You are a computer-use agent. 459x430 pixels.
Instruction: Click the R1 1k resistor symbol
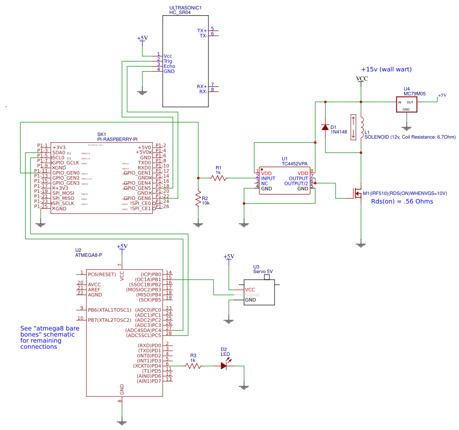pyautogui.click(x=219, y=178)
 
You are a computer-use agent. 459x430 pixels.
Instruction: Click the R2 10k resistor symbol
pyautogui.click(x=198, y=199)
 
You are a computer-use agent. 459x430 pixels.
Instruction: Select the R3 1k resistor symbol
pyautogui.click(x=193, y=366)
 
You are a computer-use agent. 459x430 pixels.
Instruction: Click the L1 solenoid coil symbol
pyautogui.click(x=362, y=127)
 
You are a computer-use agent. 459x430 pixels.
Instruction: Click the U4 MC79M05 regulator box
pyautogui.click(x=407, y=104)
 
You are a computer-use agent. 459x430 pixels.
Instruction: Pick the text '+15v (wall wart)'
pyautogui.click(x=386, y=69)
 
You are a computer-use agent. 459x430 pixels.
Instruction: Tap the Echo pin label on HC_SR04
pyautogui.click(x=169, y=66)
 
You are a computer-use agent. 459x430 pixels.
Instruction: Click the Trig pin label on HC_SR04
pyautogui.click(x=168, y=60)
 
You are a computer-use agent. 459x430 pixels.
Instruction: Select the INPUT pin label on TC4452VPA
pyautogui.click(x=268, y=178)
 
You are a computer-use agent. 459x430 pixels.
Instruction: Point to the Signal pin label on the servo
pyautogui.click(x=252, y=294)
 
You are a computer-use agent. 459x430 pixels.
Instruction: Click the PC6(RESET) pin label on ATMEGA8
pyautogui.click(x=102, y=274)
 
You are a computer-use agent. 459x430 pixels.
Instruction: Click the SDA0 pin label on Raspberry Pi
pyautogui.click(x=58, y=152)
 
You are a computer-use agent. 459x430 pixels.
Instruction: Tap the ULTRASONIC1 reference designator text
pyautogui.click(x=185, y=8)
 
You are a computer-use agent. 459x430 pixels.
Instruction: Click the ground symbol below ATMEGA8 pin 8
pyautogui.click(x=121, y=421)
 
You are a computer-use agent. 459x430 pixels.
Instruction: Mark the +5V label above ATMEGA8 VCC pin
pyautogui.click(x=121, y=246)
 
